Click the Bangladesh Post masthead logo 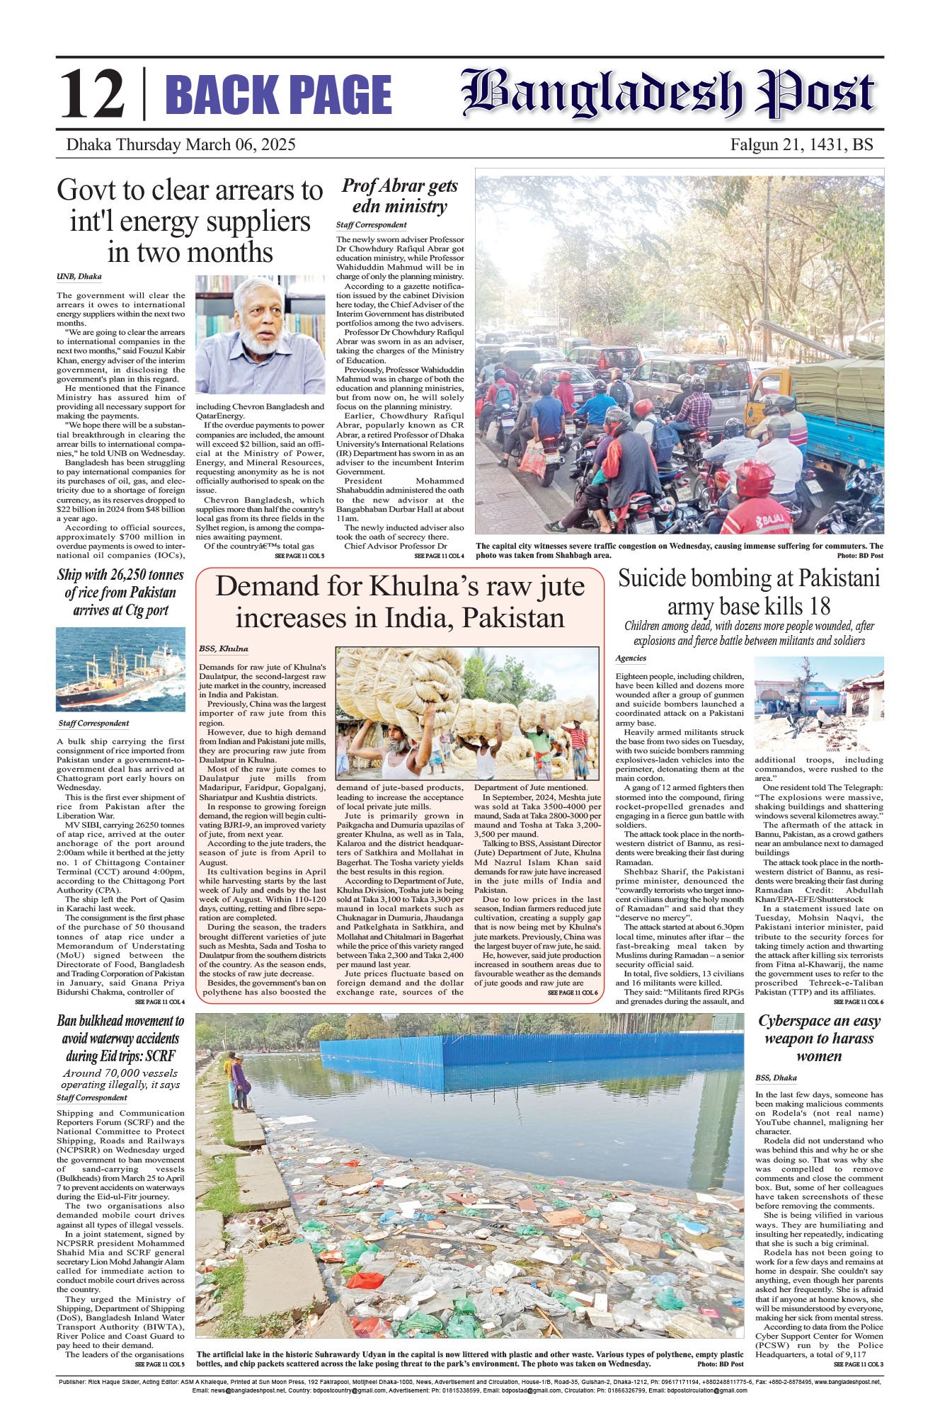tap(668, 93)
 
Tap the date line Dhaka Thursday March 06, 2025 tap(180, 145)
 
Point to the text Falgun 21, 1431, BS tap(801, 145)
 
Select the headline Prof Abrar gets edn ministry tap(400, 196)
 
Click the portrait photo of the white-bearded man tap(260, 334)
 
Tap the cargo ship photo tap(120, 669)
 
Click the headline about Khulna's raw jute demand tap(400, 602)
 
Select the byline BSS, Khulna tap(224, 648)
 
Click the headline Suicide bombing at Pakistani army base tap(749, 592)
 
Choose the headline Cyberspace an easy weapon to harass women tap(819, 1038)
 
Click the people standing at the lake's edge tap(237, 1080)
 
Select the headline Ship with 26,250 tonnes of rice tap(120, 593)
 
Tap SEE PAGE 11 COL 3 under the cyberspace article tap(858, 1363)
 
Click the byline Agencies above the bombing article tap(631, 658)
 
